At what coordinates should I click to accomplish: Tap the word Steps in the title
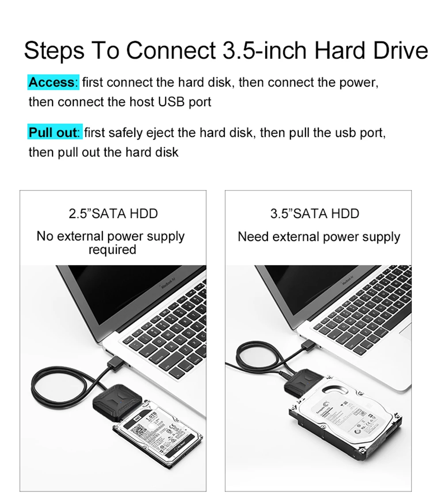(x=54, y=51)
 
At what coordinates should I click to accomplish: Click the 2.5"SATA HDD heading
(x=113, y=214)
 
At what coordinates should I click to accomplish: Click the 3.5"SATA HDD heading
(x=315, y=214)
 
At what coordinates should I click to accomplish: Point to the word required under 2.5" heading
(x=112, y=250)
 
